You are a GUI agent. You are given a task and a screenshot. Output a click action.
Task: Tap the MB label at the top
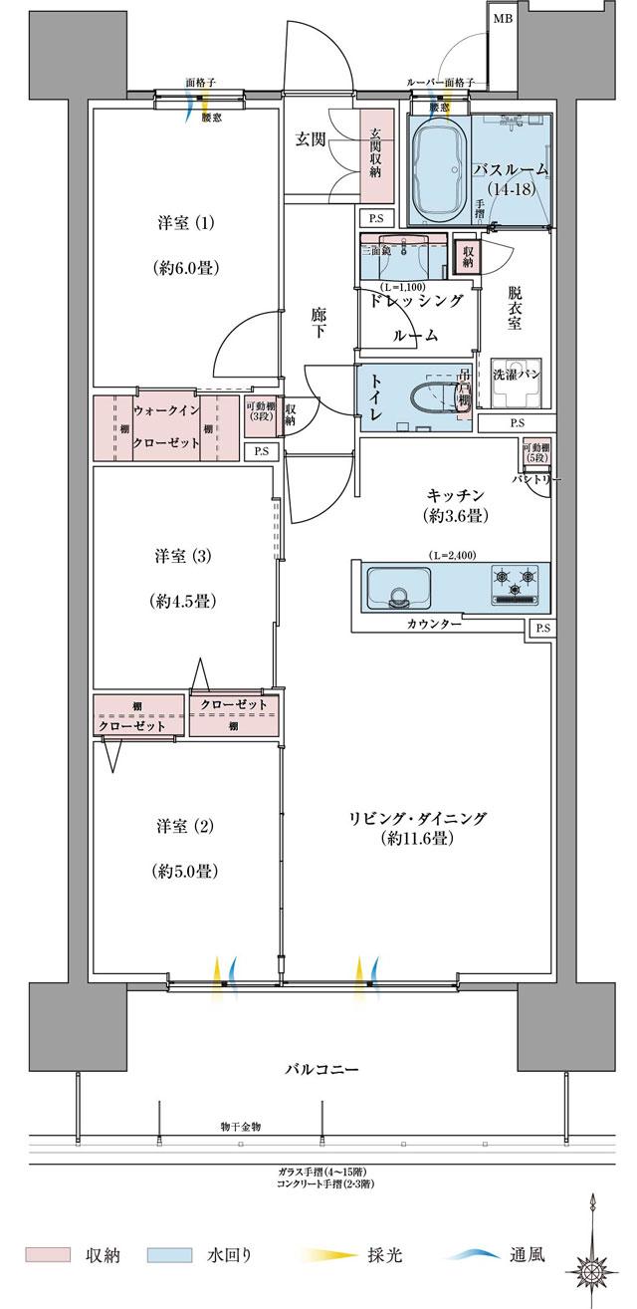pyautogui.click(x=502, y=17)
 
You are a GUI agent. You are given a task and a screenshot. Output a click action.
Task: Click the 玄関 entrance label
pyautogui.click(x=311, y=139)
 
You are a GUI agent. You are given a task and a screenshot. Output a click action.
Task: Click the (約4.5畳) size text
pyautogui.click(x=185, y=601)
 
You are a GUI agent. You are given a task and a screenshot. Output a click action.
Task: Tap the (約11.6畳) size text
pyautogui.click(x=417, y=839)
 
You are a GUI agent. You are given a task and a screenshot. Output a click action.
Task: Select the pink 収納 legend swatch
pyautogui.click(x=48, y=1254)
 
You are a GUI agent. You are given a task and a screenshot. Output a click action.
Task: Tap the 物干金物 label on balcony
pyautogui.click(x=242, y=1126)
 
